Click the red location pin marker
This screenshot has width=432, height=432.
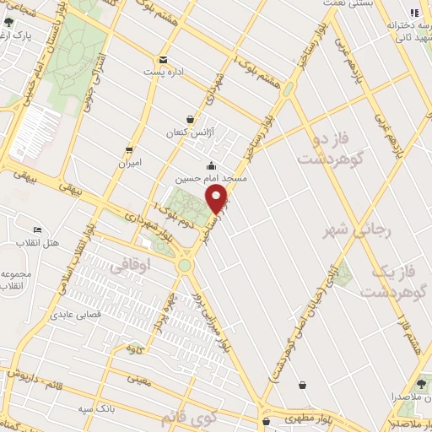click(x=217, y=198)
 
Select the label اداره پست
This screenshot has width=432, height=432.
click(x=163, y=73)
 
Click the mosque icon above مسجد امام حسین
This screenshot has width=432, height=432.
click(x=210, y=165)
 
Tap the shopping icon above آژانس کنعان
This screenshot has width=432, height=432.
click(x=192, y=120)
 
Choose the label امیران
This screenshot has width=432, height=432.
click(x=129, y=161)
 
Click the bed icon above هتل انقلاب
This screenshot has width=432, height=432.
click(x=37, y=229)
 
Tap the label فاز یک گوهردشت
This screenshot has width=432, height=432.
click(x=393, y=282)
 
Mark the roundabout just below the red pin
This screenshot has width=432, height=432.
click(x=184, y=265)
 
